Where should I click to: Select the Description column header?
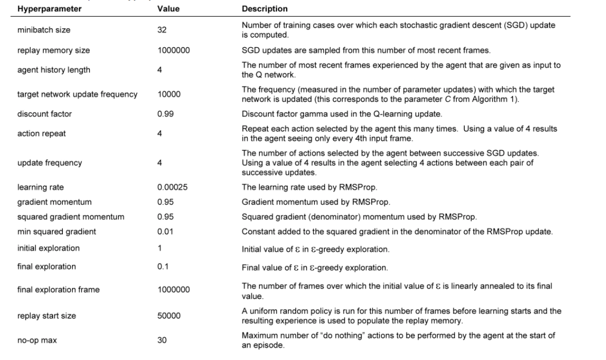265,9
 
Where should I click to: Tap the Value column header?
168,9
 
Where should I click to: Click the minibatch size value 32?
162,30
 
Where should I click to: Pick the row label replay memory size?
54,50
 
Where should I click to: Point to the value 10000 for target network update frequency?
168,94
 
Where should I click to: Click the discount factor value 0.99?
165,114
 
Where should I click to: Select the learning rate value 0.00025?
172,187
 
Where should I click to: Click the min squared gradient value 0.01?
165,232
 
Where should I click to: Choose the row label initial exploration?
48,248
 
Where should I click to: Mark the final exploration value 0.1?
163,267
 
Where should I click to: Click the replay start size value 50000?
168,316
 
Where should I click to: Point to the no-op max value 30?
162,341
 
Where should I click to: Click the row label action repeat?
41,134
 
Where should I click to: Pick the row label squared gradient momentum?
70,217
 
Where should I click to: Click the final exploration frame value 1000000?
173,290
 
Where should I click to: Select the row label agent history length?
54,70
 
